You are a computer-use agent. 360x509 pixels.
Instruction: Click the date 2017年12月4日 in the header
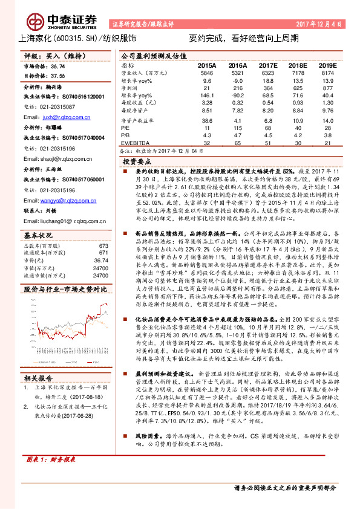(320, 24)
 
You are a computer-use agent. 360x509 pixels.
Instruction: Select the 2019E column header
(327, 65)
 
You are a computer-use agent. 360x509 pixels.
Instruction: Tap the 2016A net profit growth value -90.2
(237, 95)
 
